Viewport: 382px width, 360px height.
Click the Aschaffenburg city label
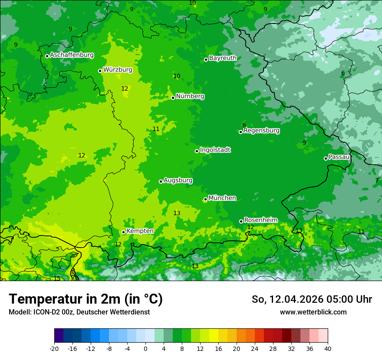click(72, 55)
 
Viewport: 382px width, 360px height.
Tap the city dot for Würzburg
click(100, 71)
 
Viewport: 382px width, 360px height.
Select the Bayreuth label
click(223, 58)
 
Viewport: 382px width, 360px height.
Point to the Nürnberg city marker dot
click(173, 98)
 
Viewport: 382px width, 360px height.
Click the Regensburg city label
click(261, 131)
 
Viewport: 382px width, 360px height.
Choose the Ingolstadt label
click(215, 150)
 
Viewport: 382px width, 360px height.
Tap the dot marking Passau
click(326, 158)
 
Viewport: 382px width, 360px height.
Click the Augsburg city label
click(178, 180)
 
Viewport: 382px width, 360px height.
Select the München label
click(222, 198)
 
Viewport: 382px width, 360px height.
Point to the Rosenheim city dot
click(241, 221)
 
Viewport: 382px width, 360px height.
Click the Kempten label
click(140, 231)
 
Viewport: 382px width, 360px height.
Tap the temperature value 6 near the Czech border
click(343, 73)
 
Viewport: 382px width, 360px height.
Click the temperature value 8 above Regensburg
click(244, 126)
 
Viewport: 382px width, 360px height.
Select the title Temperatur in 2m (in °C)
click(86, 299)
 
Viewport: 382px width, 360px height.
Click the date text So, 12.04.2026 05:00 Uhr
click(312, 299)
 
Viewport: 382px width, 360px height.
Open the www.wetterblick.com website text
click(313, 312)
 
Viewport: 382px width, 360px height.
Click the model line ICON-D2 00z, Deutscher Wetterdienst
click(79, 312)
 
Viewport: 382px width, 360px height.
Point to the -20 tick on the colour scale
click(54, 349)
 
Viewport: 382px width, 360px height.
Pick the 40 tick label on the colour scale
click(328, 349)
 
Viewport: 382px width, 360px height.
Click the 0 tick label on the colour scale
click(145, 349)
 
